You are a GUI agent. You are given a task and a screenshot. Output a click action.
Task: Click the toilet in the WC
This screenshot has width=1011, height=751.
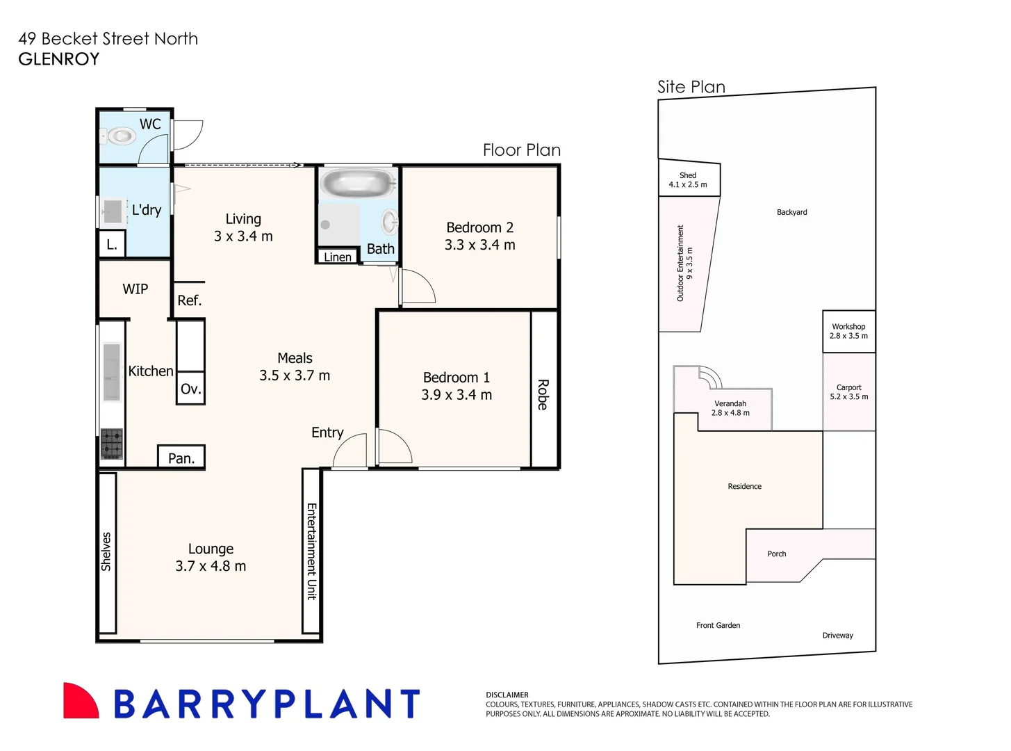click(x=121, y=136)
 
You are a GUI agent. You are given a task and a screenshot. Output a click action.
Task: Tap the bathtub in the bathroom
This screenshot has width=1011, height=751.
click(x=358, y=184)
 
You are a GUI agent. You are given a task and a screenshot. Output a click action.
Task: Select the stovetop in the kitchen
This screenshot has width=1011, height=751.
click(x=112, y=444)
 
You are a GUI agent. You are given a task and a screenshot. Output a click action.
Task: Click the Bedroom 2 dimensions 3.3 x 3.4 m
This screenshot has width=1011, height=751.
click(x=479, y=245)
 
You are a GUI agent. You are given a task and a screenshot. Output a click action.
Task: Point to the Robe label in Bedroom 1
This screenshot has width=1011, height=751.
click(x=543, y=394)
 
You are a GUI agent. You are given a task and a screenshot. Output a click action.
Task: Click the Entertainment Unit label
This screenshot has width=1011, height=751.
click(x=312, y=551)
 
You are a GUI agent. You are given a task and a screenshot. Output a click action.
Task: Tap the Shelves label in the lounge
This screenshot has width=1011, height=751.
click(x=106, y=551)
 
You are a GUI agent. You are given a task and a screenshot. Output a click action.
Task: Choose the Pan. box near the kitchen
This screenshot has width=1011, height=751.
click(x=181, y=458)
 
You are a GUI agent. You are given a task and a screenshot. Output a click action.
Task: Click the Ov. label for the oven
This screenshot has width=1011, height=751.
click(x=190, y=389)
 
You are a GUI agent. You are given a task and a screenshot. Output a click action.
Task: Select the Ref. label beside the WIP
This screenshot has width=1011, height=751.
click(x=189, y=300)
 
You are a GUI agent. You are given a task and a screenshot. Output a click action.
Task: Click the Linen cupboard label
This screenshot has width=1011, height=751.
click(x=337, y=257)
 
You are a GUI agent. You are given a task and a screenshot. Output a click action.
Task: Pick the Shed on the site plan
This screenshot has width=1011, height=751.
click(x=688, y=180)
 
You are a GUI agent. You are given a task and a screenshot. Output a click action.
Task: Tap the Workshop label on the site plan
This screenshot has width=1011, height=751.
click(x=848, y=327)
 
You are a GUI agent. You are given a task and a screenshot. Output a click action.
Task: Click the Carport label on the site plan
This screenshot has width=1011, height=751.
click(x=848, y=387)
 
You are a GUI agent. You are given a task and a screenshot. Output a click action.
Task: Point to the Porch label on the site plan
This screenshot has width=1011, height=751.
click(x=776, y=554)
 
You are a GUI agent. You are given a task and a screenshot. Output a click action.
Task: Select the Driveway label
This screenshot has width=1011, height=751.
click(x=837, y=636)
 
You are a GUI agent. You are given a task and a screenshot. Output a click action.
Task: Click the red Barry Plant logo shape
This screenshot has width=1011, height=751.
click(x=80, y=701)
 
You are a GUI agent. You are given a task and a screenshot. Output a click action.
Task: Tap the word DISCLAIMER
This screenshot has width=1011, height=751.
click(x=507, y=695)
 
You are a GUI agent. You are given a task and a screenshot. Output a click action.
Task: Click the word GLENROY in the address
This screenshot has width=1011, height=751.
click(x=59, y=59)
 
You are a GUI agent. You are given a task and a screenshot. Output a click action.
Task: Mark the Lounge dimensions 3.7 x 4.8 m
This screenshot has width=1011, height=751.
click(x=211, y=567)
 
